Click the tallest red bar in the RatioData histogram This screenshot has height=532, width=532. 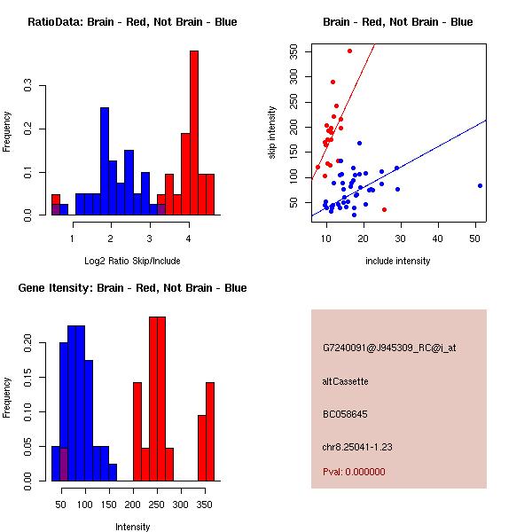[x=193, y=133]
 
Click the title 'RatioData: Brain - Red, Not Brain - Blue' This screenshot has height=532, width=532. [x=132, y=22]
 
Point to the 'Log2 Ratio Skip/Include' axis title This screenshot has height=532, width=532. [x=132, y=261]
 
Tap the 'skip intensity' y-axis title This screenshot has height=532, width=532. [x=272, y=133]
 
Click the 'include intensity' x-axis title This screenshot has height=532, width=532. [x=398, y=261]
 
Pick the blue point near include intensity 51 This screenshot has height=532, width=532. [x=480, y=185]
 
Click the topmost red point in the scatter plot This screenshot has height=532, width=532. [x=350, y=51]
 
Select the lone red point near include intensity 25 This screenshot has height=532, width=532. [x=384, y=209]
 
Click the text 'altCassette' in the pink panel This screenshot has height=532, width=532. [x=346, y=381]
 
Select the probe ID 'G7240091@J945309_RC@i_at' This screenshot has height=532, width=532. [x=389, y=348]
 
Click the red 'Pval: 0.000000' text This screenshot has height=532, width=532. [x=355, y=472]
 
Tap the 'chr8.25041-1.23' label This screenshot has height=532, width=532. [x=357, y=446]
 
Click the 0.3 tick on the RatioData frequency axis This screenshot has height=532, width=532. [x=29, y=87]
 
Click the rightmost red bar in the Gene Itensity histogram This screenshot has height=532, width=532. [x=210, y=431]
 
